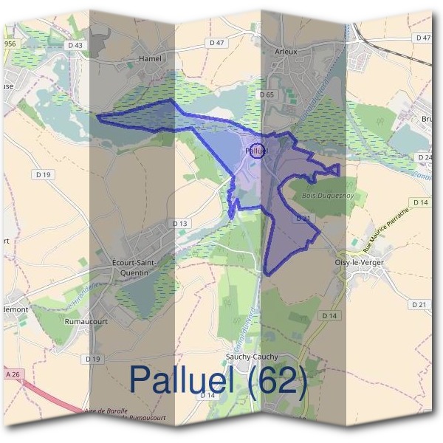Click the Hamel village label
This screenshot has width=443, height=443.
[x=150, y=57]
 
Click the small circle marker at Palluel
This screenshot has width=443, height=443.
[x=257, y=151]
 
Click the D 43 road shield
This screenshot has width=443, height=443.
[x=75, y=46]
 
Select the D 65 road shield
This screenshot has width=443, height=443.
[x=267, y=95]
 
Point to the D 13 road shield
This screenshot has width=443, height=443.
[x=181, y=223]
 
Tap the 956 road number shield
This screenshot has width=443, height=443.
[x=10, y=44]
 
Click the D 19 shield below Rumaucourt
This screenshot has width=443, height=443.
[x=92, y=359]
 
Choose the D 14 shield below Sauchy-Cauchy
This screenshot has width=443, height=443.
[x=207, y=396]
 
